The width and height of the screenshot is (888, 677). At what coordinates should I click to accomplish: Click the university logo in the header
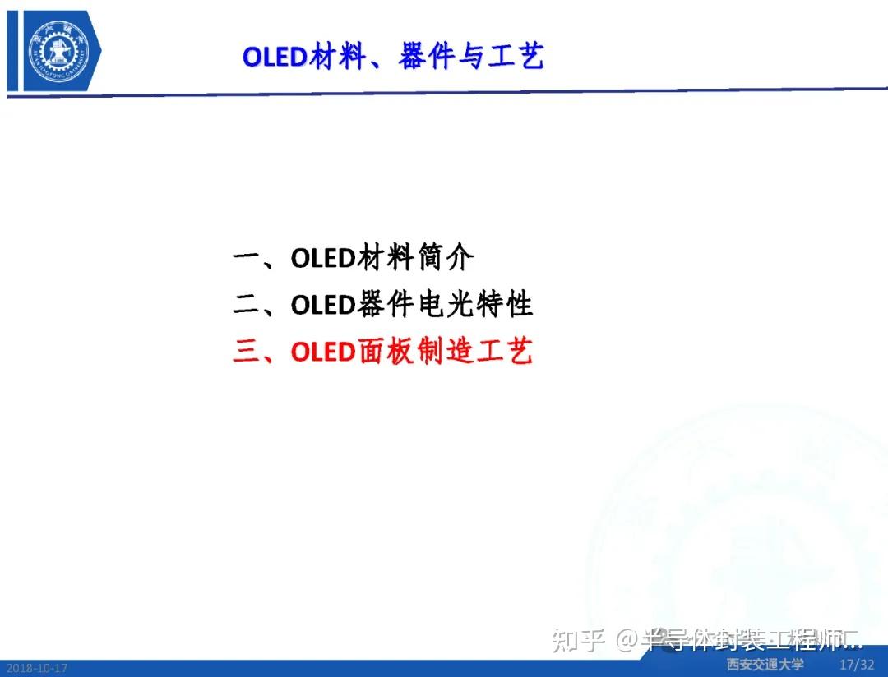coord(53,50)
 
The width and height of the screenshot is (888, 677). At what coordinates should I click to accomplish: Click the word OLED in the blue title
coord(275,57)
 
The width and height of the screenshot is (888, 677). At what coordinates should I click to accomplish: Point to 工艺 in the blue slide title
coord(516,57)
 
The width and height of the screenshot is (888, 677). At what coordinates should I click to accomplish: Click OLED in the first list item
coord(322,259)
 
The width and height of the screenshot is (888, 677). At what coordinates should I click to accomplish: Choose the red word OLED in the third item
coord(322,352)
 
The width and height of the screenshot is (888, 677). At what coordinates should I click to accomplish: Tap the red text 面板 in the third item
coord(383,352)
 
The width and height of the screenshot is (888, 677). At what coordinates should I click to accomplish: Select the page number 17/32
coord(857,664)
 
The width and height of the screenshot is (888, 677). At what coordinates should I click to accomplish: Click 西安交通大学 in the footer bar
coord(765,665)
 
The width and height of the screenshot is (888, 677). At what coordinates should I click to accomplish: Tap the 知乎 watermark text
coord(579,639)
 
